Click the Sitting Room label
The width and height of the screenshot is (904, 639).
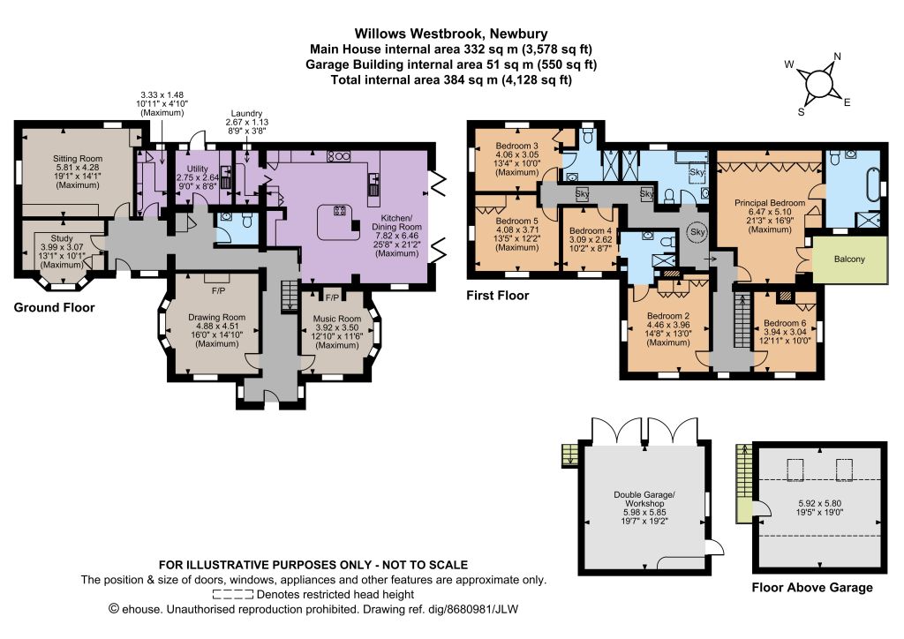point(78,159)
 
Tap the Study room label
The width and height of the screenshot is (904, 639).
point(62,238)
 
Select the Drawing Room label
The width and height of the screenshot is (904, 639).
point(217,317)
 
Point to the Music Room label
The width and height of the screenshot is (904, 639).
point(337,318)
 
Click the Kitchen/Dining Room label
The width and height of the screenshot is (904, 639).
point(396,222)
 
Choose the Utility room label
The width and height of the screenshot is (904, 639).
point(198,169)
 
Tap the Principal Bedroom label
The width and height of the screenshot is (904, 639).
point(770,203)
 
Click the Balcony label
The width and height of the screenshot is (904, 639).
point(849,259)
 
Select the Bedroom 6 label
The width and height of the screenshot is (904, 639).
point(785,323)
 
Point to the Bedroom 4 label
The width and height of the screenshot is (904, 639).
point(591,230)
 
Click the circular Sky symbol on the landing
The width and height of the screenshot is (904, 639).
point(697,231)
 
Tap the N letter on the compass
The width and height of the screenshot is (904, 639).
point(837,56)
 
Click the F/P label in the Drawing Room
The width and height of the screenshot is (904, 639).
point(219,291)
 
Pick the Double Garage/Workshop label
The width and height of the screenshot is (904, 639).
point(644,499)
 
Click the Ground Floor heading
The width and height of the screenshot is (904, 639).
point(54,308)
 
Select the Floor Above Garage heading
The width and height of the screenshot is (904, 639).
point(812,588)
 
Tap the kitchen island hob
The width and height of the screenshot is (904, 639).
point(339,210)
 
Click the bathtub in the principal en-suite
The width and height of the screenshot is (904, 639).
point(870,184)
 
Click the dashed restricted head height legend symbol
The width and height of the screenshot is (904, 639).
point(233,595)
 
